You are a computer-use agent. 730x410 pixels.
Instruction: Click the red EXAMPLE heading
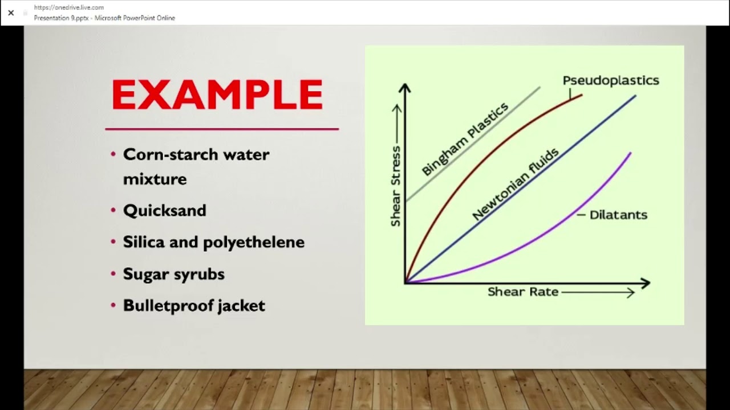click(217, 95)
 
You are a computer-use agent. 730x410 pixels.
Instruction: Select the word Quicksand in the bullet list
click(164, 211)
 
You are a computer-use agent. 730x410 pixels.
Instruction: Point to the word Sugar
click(145, 274)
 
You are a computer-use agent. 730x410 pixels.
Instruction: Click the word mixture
click(155, 179)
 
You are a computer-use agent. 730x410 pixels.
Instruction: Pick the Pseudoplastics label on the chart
click(611, 80)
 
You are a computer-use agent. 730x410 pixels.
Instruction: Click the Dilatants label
click(618, 215)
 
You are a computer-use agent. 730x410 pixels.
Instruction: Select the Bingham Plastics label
click(465, 140)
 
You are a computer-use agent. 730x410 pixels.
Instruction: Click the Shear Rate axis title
click(523, 292)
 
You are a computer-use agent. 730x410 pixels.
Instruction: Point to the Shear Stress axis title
click(395, 186)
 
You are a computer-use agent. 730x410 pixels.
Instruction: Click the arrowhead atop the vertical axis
click(405, 87)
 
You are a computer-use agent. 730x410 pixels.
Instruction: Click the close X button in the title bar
click(11, 13)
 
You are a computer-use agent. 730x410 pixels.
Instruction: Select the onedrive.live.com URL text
click(69, 7)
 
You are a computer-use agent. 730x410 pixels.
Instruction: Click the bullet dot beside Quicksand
click(113, 210)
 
